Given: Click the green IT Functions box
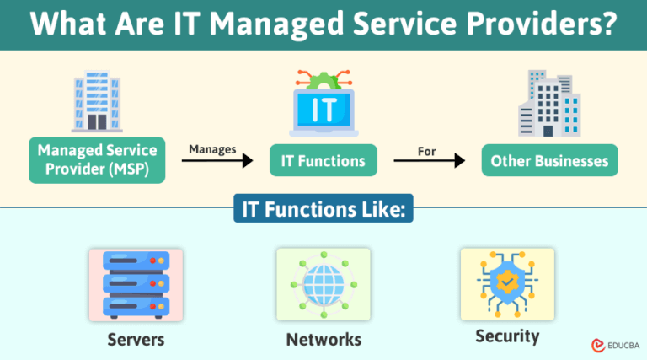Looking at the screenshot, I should coord(323,159).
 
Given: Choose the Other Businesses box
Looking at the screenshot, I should coord(549,159).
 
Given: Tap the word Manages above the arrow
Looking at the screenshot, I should coord(211,148).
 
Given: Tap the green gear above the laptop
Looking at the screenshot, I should coord(323,83).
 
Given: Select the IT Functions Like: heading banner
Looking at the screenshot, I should coord(323,211).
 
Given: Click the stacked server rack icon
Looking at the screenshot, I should coord(135,284).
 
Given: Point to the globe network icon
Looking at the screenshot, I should coord(323,284).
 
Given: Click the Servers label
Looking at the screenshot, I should coord(136,340).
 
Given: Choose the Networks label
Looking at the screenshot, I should coord(323,340).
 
